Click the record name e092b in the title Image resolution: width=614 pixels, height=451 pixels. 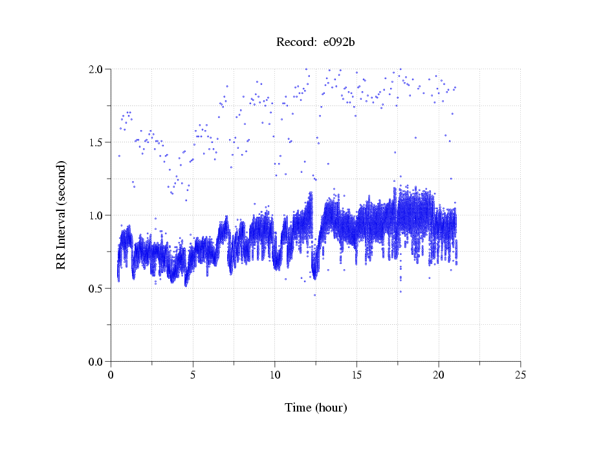[x=340, y=43]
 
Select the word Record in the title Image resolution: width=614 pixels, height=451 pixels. [x=294, y=43]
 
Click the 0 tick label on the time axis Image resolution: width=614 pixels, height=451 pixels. [x=111, y=374]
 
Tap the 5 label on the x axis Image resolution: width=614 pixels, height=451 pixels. [x=193, y=374]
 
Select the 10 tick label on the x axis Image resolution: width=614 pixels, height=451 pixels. [x=275, y=374]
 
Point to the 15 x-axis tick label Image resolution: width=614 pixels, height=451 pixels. [x=356, y=374]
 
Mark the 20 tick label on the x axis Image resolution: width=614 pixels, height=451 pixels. [x=439, y=374]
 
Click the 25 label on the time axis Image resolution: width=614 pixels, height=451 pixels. [x=520, y=374]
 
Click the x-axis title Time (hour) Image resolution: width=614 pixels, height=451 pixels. [x=316, y=408]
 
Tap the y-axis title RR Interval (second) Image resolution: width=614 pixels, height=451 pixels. [x=61, y=215]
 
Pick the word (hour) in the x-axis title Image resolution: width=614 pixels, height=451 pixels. [x=330, y=408]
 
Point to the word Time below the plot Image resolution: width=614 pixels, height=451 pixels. [x=298, y=408]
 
